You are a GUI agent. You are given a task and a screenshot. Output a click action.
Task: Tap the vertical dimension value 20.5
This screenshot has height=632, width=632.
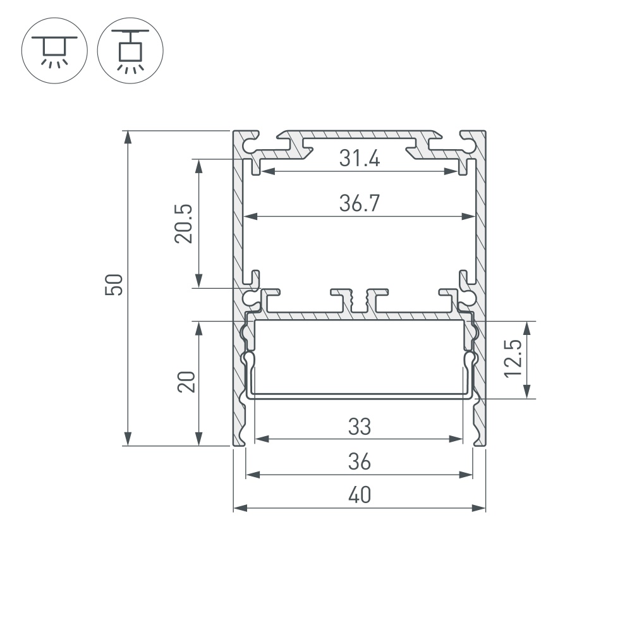coord(184,223)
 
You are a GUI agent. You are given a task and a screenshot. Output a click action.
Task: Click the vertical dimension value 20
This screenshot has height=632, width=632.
coord(186,382)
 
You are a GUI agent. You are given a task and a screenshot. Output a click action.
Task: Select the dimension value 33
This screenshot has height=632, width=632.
coord(359,427)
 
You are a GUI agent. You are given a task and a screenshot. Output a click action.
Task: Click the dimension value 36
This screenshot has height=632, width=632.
coord(359,463)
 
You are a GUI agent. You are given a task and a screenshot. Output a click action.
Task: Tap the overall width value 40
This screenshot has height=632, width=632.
coord(359,496)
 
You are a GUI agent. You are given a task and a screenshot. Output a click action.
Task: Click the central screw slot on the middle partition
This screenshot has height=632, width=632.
coord(360,302)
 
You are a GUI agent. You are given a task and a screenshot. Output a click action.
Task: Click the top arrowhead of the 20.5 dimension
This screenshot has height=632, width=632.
coord(199,164)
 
